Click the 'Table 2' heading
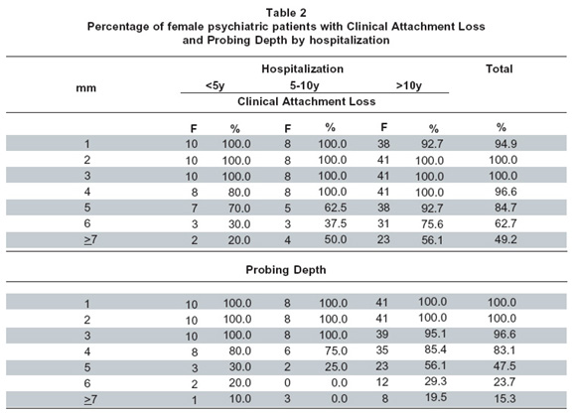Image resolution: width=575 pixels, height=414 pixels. click(286, 13)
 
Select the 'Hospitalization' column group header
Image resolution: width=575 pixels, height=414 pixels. click(303, 69)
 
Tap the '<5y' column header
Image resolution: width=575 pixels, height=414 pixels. click(215, 85)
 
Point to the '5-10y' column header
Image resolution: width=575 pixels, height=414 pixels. click(304, 85)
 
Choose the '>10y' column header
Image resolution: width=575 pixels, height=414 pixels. click(409, 85)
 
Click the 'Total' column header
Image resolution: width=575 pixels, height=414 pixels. click(500, 69)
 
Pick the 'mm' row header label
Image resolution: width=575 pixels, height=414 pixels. click(85, 88)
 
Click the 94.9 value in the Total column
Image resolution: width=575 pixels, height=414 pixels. click(505, 144)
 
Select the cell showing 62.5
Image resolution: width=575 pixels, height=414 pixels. click(336, 207)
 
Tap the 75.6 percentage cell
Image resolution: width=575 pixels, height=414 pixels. click(432, 223)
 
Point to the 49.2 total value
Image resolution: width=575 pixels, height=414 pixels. click(505, 239)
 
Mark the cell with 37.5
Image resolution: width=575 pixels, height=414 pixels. click(336, 223)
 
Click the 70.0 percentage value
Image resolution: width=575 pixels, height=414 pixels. click(239, 207)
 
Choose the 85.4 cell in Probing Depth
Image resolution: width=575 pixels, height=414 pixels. click(435, 349)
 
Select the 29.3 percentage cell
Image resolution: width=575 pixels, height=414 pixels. click(435, 381)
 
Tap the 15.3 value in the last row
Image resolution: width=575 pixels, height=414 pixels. click(504, 398)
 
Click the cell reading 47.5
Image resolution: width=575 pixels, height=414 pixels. click(504, 366)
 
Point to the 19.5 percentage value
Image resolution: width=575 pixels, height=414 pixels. click(436, 397)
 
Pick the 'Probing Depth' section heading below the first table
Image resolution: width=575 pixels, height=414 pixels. click(286, 270)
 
